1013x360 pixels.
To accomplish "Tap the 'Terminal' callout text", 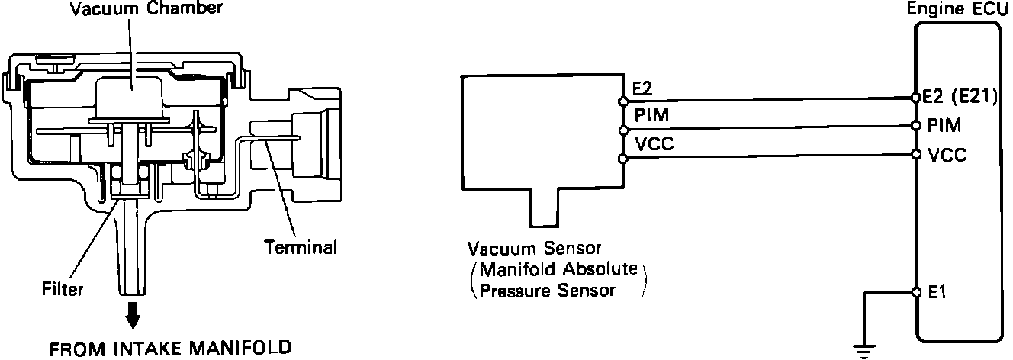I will tap(301, 247).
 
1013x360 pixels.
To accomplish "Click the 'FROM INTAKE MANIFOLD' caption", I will tap(170, 349).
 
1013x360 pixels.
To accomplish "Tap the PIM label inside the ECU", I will tap(945, 124).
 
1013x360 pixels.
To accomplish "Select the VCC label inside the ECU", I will tap(948, 155).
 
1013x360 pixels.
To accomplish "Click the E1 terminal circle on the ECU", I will tap(915, 292).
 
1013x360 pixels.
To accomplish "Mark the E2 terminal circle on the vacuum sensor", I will tap(624, 100).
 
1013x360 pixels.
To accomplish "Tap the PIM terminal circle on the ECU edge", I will tap(915, 126).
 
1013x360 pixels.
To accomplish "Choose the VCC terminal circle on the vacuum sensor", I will tap(624, 158).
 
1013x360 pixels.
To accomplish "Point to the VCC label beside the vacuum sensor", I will tap(649, 144).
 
